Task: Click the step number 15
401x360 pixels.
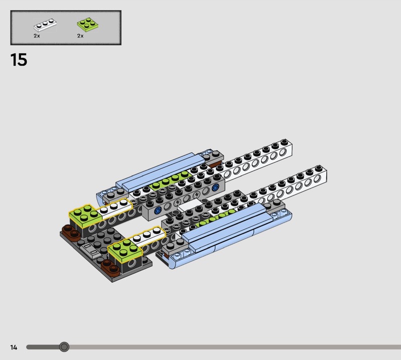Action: [19, 60]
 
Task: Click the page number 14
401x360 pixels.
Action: [14, 347]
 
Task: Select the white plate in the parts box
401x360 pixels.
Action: [45, 25]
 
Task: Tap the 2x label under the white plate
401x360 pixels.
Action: [37, 36]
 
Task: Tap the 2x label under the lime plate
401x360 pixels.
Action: [80, 36]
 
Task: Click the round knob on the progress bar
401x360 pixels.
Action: [64, 347]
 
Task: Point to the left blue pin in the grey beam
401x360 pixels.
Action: [157, 210]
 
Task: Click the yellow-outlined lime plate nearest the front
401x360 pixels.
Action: [125, 250]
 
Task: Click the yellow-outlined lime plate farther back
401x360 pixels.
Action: [86, 216]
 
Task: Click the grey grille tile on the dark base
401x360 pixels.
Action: [90, 250]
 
